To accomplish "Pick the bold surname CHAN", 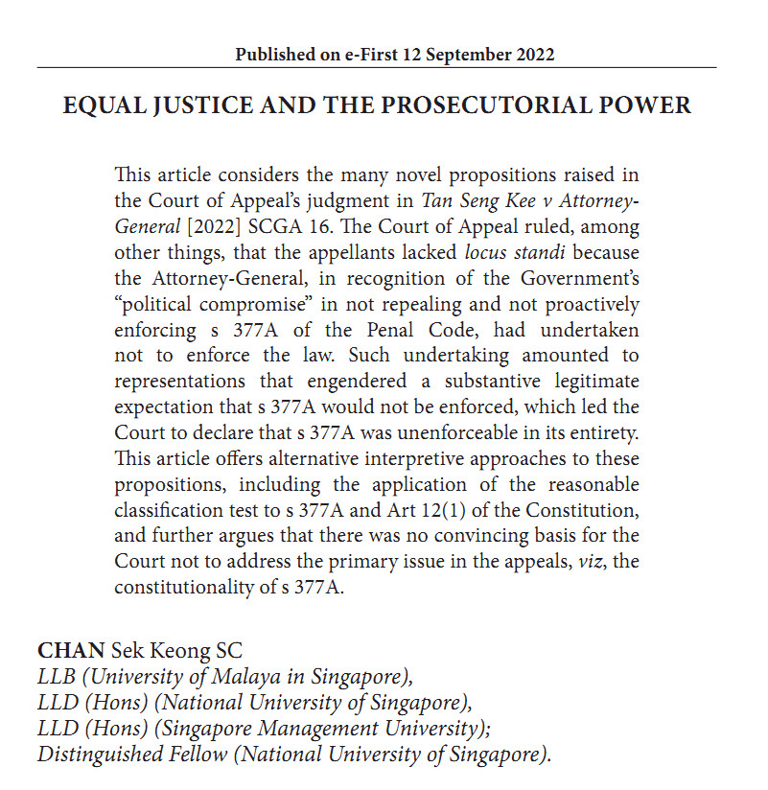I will [x=71, y=651].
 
